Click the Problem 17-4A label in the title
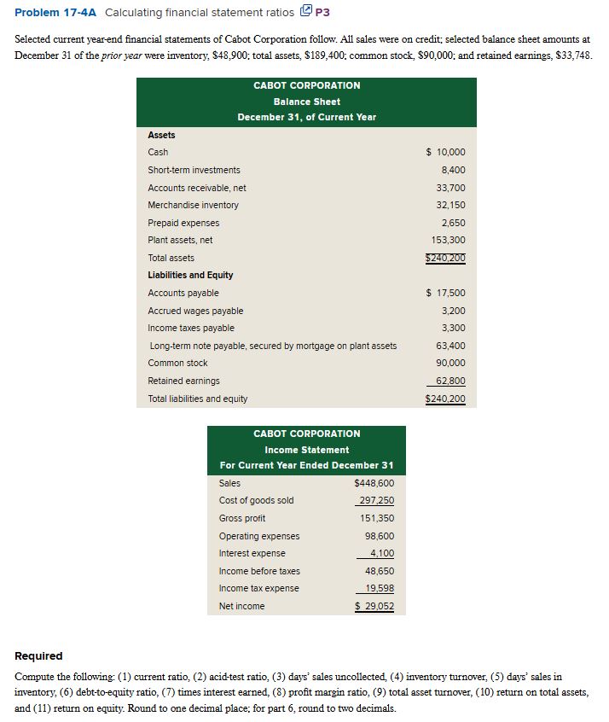pyautogui.click(x=49, y=12)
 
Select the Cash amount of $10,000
pyautogui.click(x=445, y=153)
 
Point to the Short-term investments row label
pyautogui.click(x=194, y=170)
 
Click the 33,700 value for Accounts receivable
pyautogui.click(x=450, y=188)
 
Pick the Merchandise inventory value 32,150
pyautogui.click(x=450, y=205)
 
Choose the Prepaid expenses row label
pyautogui.click(x=183, y=223)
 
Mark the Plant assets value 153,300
pyautogui.click(x=448, y=240)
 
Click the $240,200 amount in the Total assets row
pyautogui.click(x=445, y=258)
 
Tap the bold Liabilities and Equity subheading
pyautogui.click(x=190, y=275)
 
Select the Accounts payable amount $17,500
pyautogui.click(x=445, y=293)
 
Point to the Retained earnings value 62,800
pyautogui.click(x=450, y=381)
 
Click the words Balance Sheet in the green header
pyautogui.click(x=306, y=102)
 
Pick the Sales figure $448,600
pyautogui.click(x=374, y=483)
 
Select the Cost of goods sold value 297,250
pyautogui.click(x=376, y=501)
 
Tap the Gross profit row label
pyautogui.click(x=241, y=518)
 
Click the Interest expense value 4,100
pyautogui.click(x=381, y=554)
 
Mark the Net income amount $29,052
pyautogui.click(x=374, y=607)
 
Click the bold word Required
pyautogui.click(x=39, y=655)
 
